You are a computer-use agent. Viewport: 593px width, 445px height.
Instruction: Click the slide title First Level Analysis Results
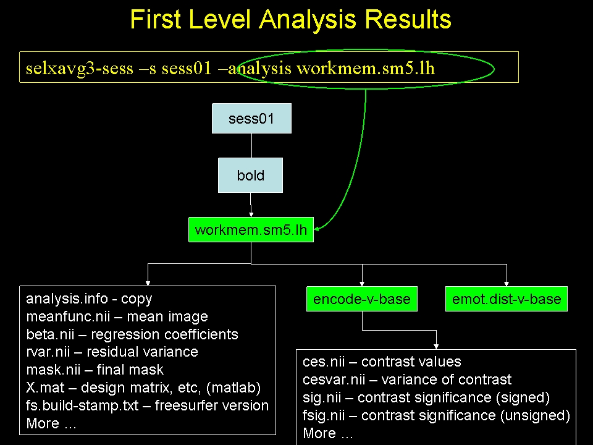point(291,20)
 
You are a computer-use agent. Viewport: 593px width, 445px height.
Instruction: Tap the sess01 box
point(251,119)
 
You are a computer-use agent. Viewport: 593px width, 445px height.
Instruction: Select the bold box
point(250,176)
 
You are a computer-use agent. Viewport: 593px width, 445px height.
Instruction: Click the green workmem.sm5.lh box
point(251,231)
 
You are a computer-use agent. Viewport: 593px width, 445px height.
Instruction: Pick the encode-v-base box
point(362,299)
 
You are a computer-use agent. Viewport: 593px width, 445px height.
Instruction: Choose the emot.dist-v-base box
point(507,299)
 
